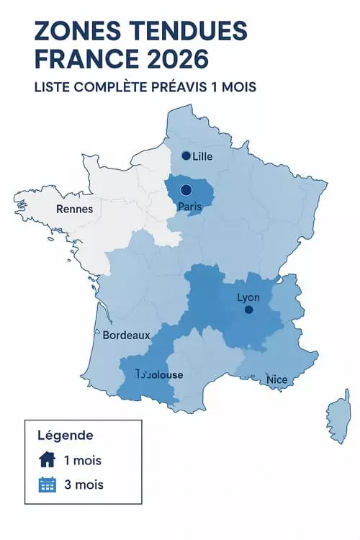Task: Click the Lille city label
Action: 203,156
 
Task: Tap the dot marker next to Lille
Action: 186,156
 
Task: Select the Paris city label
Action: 190,207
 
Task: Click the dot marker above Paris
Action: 186,190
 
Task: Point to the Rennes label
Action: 74,210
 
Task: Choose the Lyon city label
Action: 248,297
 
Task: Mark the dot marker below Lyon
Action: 248,310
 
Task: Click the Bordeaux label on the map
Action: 126,336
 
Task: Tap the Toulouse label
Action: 160,375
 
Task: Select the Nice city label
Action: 276,379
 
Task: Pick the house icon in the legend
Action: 46,460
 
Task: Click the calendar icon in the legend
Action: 46,485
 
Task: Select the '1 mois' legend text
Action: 83,460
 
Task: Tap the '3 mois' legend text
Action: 84,485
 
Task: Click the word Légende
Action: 66,436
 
